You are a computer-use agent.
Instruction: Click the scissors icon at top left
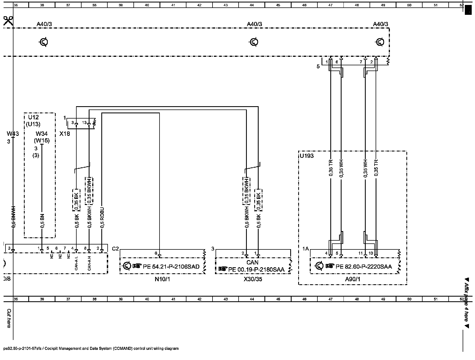coord(8,21)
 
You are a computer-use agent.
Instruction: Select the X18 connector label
coord(65,134)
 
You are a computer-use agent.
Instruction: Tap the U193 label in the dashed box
coord(306,156)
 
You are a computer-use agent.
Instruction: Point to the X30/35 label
coord(253,279)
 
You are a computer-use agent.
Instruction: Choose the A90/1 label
coord(353,279)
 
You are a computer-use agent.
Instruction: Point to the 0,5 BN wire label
coord(42,221)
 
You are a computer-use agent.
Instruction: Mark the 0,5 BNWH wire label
coord(13,217)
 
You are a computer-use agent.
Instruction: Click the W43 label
coord(13,134)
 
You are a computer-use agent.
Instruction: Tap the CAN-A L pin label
coord(76,263)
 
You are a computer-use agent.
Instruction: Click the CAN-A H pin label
coord(89,263)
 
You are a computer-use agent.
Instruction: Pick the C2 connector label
coord(115,249)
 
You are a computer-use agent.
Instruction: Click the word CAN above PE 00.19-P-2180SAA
coord(252,263)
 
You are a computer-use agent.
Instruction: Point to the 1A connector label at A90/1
coord(306,249)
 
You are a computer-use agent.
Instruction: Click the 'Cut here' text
coord(9,318)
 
